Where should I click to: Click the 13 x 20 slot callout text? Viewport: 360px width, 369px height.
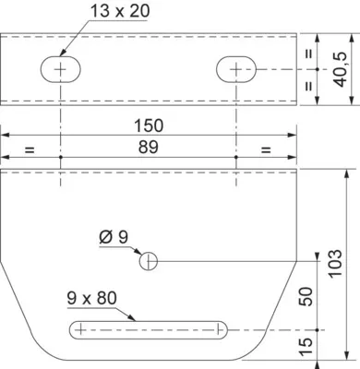tap(120, 11)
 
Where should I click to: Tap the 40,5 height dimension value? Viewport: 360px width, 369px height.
tap(340, 69)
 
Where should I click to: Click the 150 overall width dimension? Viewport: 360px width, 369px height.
tap(149, 125)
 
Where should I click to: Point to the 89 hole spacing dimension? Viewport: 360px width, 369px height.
tap(148, 147)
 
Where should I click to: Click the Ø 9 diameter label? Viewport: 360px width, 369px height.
tap(114, 237)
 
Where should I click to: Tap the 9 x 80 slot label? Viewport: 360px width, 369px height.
tap(92, 298)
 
